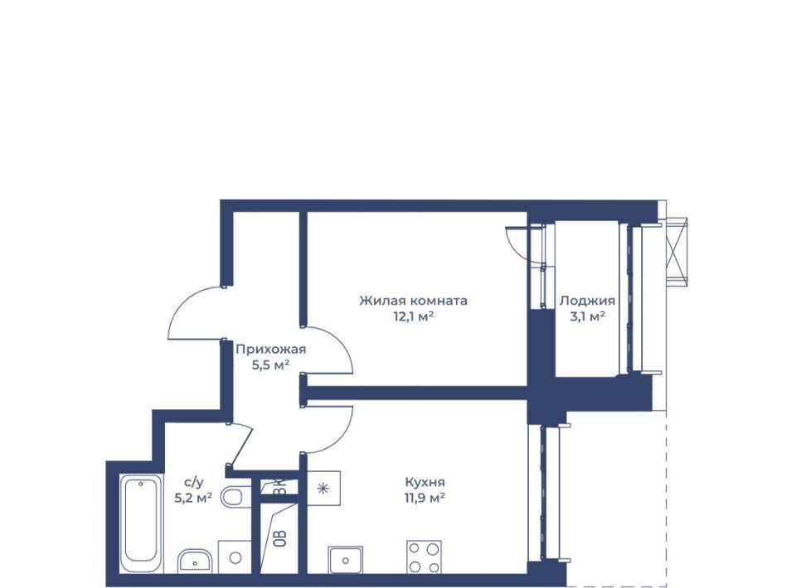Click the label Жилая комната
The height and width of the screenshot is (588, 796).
pyautogui.click(x=413, y=301)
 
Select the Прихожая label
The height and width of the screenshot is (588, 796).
pyautogui.click(x=271, y=349)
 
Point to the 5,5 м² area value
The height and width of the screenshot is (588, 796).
pyautogui.click(x=271, y=364)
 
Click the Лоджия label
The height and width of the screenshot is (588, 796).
pyautogui.click(x=587, y=301)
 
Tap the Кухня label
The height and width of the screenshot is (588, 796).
pyautogui.click(x=425, y=482)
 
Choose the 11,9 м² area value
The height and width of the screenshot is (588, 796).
pyautogui.click(x=425, y=498)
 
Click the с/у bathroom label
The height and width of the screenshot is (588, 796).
pyautogui.click(x=194, y=482)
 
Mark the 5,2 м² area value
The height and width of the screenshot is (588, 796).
pyautogui.click(x=193, y=498)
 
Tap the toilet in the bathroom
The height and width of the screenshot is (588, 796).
pyautogui.click(x=235, y=496)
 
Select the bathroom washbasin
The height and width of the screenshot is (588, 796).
pyautogui.click(x=194, y=561)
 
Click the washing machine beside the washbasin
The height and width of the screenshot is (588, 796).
pyautogui.click(x=235, y=557)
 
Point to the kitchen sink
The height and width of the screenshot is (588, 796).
pyautogui.click(x=345, y=560)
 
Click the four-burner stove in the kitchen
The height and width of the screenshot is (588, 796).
pyautogui.click(x=424, y=557)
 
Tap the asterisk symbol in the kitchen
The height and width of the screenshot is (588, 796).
pyautogui.click(x=323, y=489)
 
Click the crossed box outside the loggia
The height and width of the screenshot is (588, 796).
pyautogui.click(x=677, y=248)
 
